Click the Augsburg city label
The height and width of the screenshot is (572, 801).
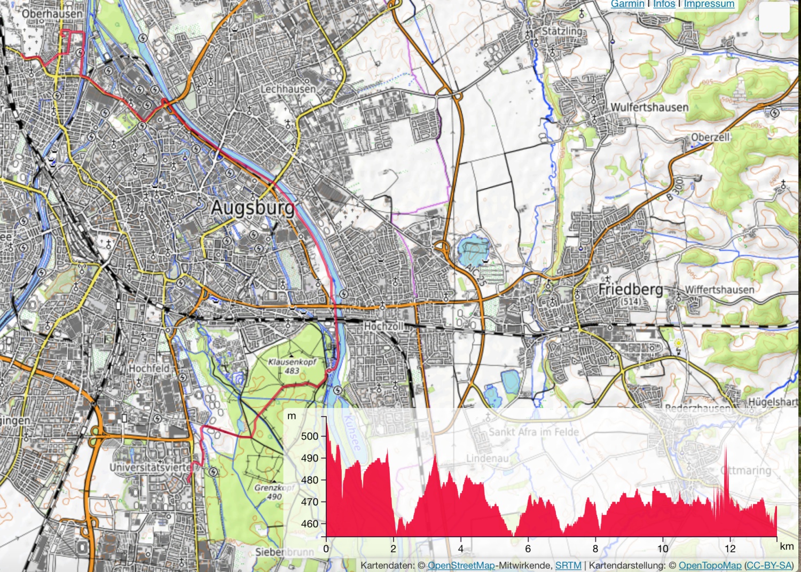(253, 207)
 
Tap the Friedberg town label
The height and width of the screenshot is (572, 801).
(630, 289)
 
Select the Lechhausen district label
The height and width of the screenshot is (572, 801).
(288, 89)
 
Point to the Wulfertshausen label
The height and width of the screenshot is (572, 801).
(649, 107)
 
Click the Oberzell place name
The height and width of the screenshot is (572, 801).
(710, 137)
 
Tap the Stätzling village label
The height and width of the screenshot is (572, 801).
(562, 31)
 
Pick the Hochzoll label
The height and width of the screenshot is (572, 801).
(383, 326)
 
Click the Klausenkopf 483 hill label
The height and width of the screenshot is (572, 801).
(292, 366)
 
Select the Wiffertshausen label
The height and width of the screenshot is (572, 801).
(719, 289)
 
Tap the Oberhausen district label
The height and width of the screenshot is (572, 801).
(52, 13)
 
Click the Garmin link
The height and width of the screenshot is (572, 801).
(627, 4)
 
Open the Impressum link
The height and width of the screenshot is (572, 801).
(709, 4)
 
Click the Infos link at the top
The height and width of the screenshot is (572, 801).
(664, 4)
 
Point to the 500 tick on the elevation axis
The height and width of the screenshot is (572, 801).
(310, 436)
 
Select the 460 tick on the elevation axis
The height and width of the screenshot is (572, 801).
(310, 524)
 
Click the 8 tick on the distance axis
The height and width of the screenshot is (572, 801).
(595, 549)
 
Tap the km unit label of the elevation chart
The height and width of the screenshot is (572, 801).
(787, 546)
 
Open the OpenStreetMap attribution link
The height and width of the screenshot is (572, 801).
(461, 565)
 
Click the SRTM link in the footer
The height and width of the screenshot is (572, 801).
(568, 565)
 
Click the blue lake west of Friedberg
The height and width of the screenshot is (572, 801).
(473, 248)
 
